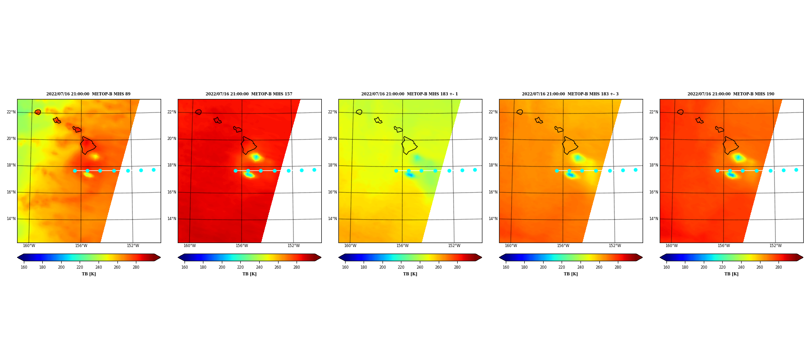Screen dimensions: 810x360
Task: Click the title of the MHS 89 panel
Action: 88,94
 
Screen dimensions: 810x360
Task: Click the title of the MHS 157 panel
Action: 249,94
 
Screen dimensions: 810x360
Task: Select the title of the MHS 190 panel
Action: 731,94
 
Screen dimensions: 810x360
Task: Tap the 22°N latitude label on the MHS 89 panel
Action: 11,112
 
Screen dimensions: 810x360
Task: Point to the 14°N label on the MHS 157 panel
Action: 172,219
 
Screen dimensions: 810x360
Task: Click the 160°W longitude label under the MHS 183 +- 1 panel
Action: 350,246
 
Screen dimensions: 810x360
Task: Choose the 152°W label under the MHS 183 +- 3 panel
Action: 615,246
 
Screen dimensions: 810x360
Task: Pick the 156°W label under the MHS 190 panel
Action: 724,246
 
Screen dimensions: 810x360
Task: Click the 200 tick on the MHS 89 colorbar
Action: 61,267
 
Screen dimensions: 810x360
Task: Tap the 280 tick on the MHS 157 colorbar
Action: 297,267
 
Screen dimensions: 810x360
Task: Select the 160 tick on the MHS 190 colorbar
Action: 666,267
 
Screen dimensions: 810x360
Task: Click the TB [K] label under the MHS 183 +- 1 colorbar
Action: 410,274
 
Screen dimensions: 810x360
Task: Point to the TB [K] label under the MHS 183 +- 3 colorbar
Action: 571,274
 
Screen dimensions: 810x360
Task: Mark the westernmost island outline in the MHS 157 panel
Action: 198,112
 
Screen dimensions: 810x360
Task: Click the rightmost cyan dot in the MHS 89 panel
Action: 153,170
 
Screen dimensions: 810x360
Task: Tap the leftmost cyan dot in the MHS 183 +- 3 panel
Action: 557,171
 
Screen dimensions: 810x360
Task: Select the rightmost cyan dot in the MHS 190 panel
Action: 796,170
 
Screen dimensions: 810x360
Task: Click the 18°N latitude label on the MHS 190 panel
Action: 654,165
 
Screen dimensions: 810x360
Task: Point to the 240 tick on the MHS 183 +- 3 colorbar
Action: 580,267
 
